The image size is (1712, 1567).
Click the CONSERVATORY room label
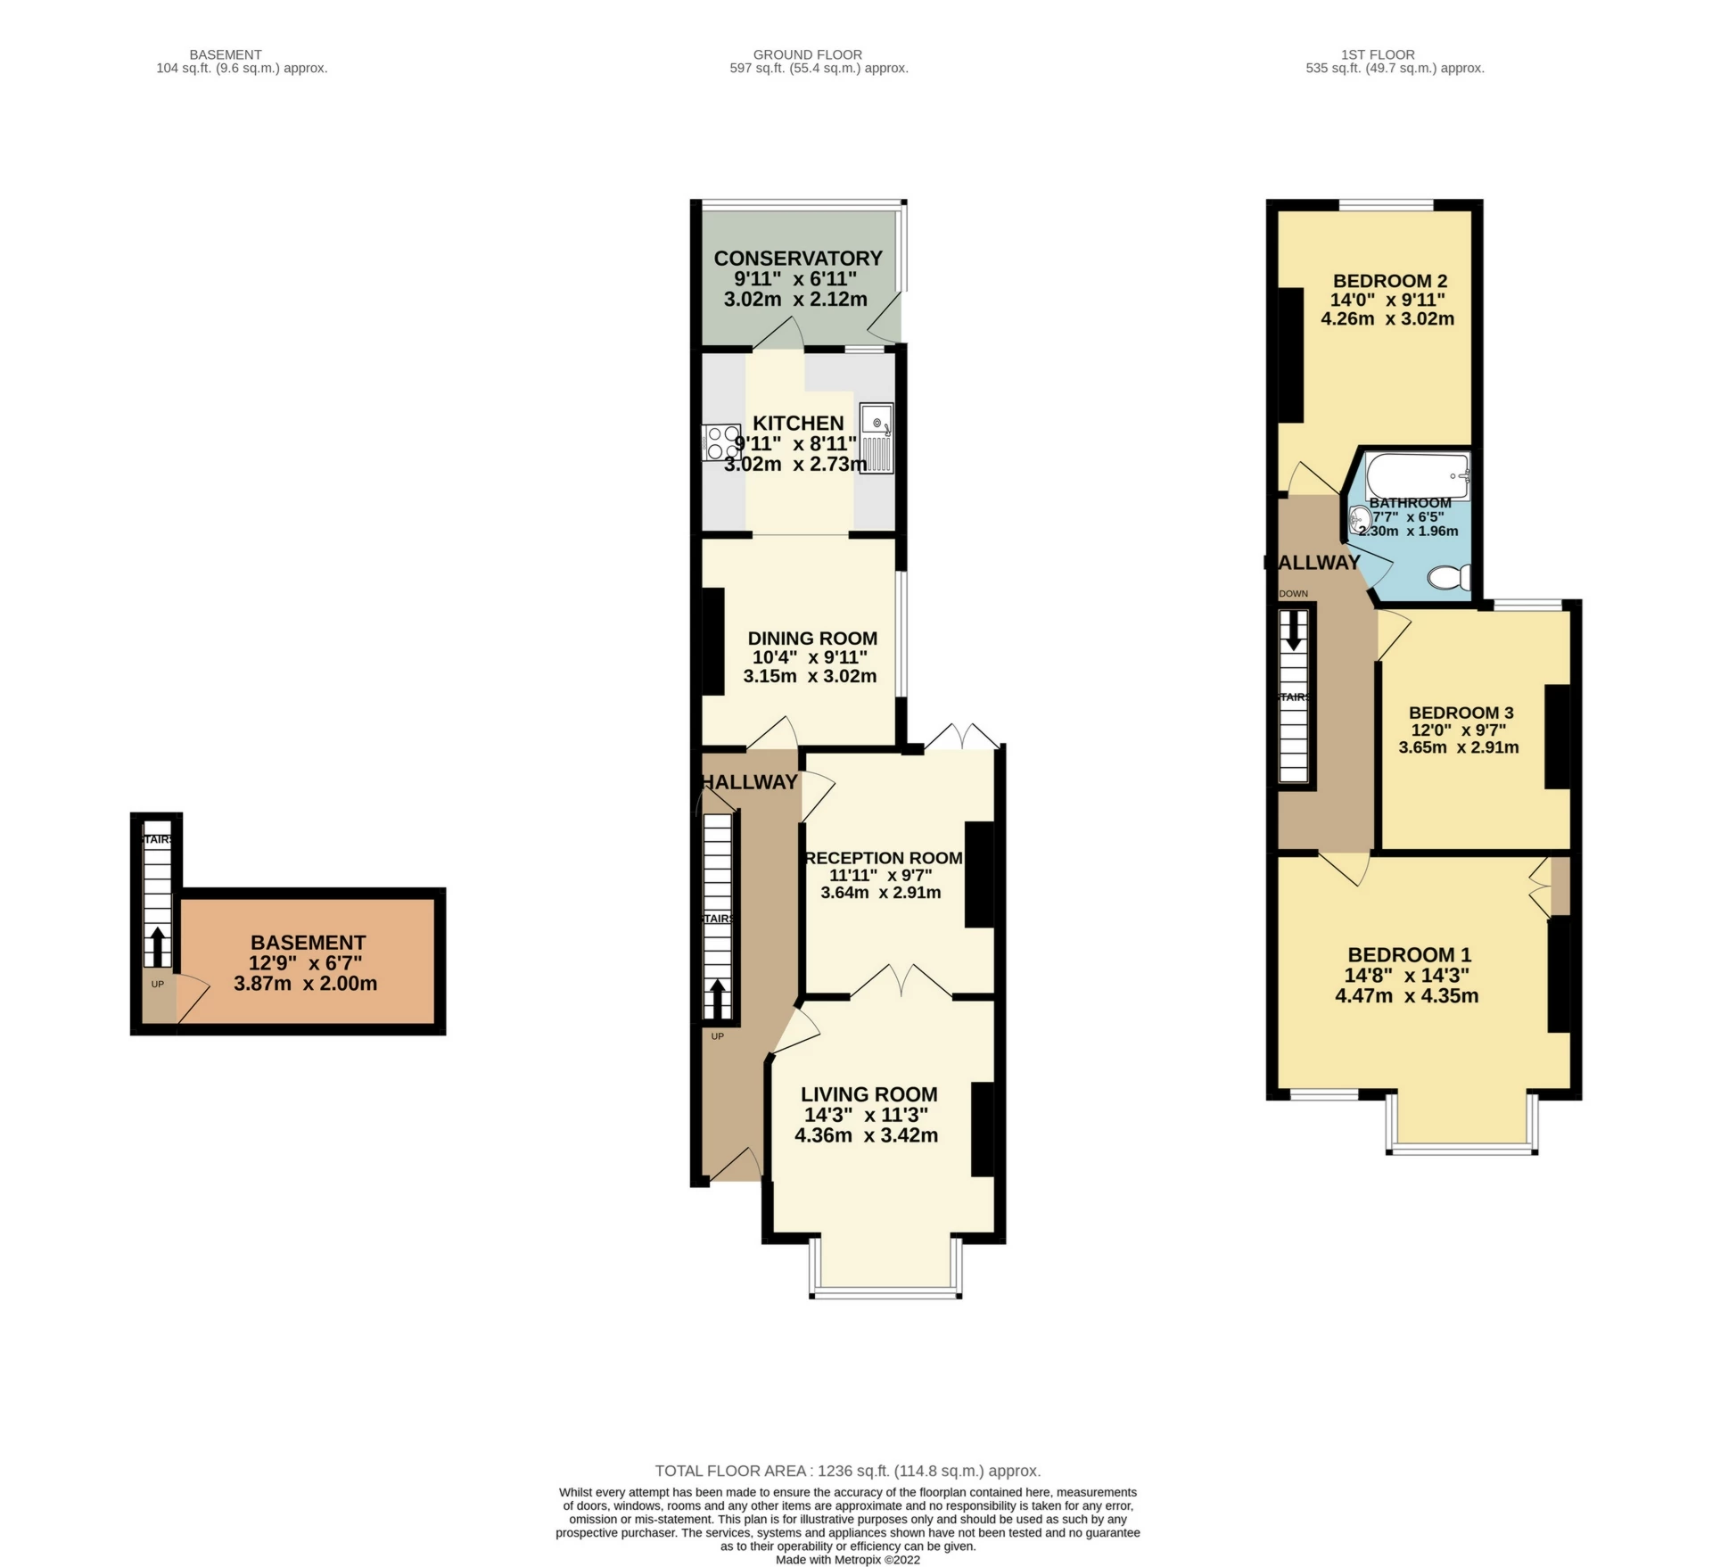coord(797,259)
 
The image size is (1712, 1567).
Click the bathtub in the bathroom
coord(1417,476)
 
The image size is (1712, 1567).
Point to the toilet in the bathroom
coord(1448,578)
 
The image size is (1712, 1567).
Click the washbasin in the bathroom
coord(1360,519)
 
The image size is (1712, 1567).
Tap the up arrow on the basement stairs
coord(157,945)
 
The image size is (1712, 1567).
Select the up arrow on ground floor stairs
coord(717,1000)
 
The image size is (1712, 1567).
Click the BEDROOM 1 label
coord(1409,954)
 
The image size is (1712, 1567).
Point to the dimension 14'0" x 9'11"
coord(1387,301)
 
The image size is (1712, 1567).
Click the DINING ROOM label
coord(811,639)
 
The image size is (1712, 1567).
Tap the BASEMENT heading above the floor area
coord(225,54)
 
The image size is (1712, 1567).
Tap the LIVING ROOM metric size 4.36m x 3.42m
coord(865,1135)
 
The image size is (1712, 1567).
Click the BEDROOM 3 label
coord(1461,713)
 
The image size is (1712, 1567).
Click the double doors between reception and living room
coord(901,982)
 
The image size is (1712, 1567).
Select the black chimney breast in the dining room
coord(713,641)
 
